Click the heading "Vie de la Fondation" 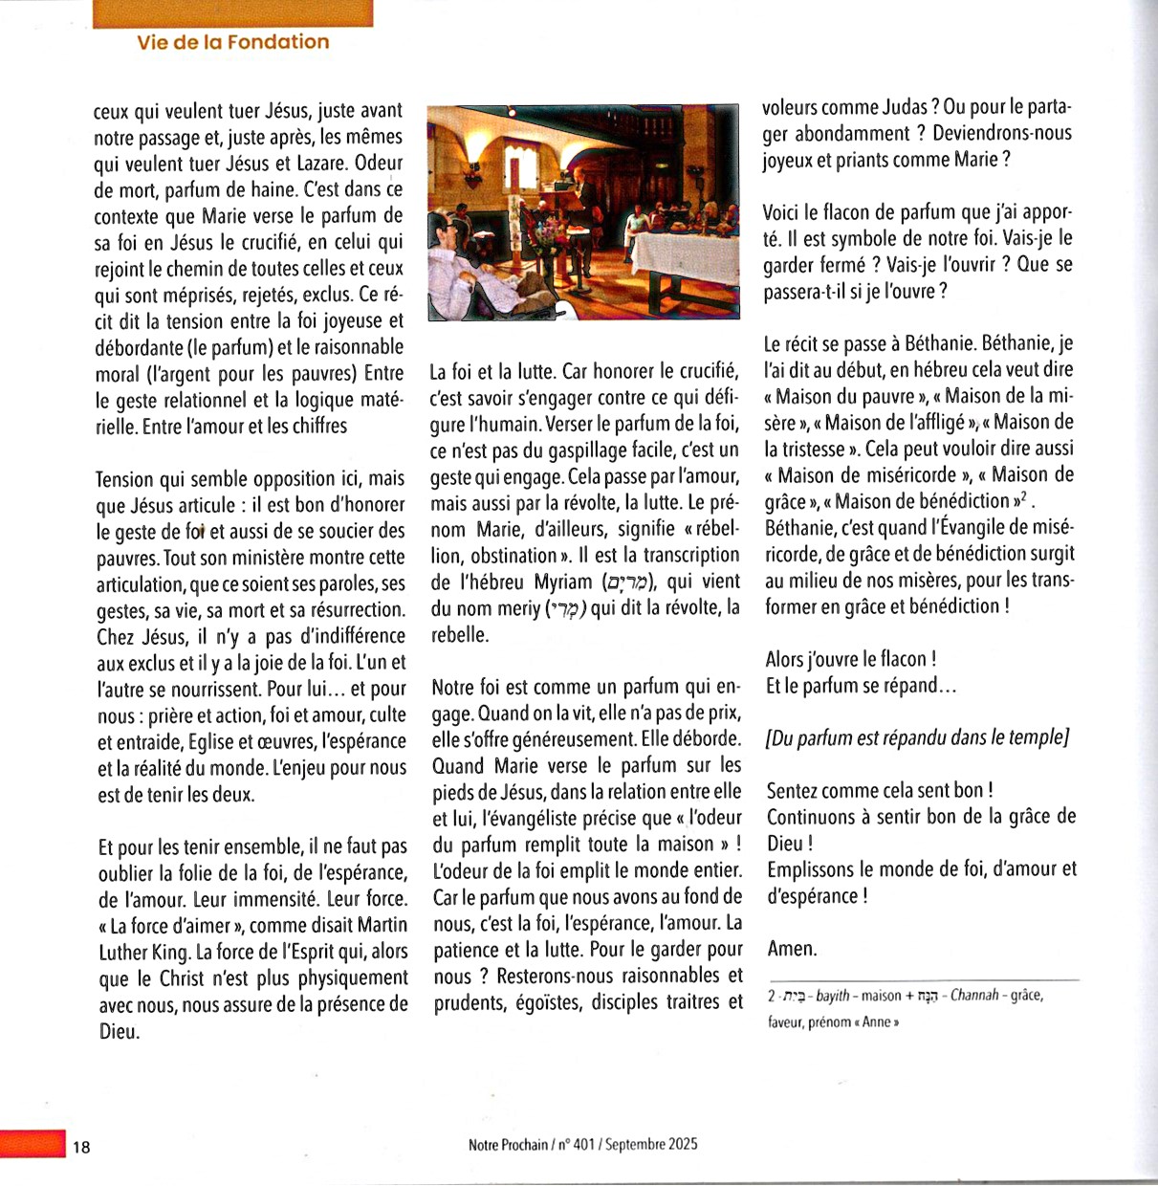(232, 42)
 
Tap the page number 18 (81, 1147)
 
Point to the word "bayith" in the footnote (833, 996)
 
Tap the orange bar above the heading (232, 12)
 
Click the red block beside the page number (33, 1144)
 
